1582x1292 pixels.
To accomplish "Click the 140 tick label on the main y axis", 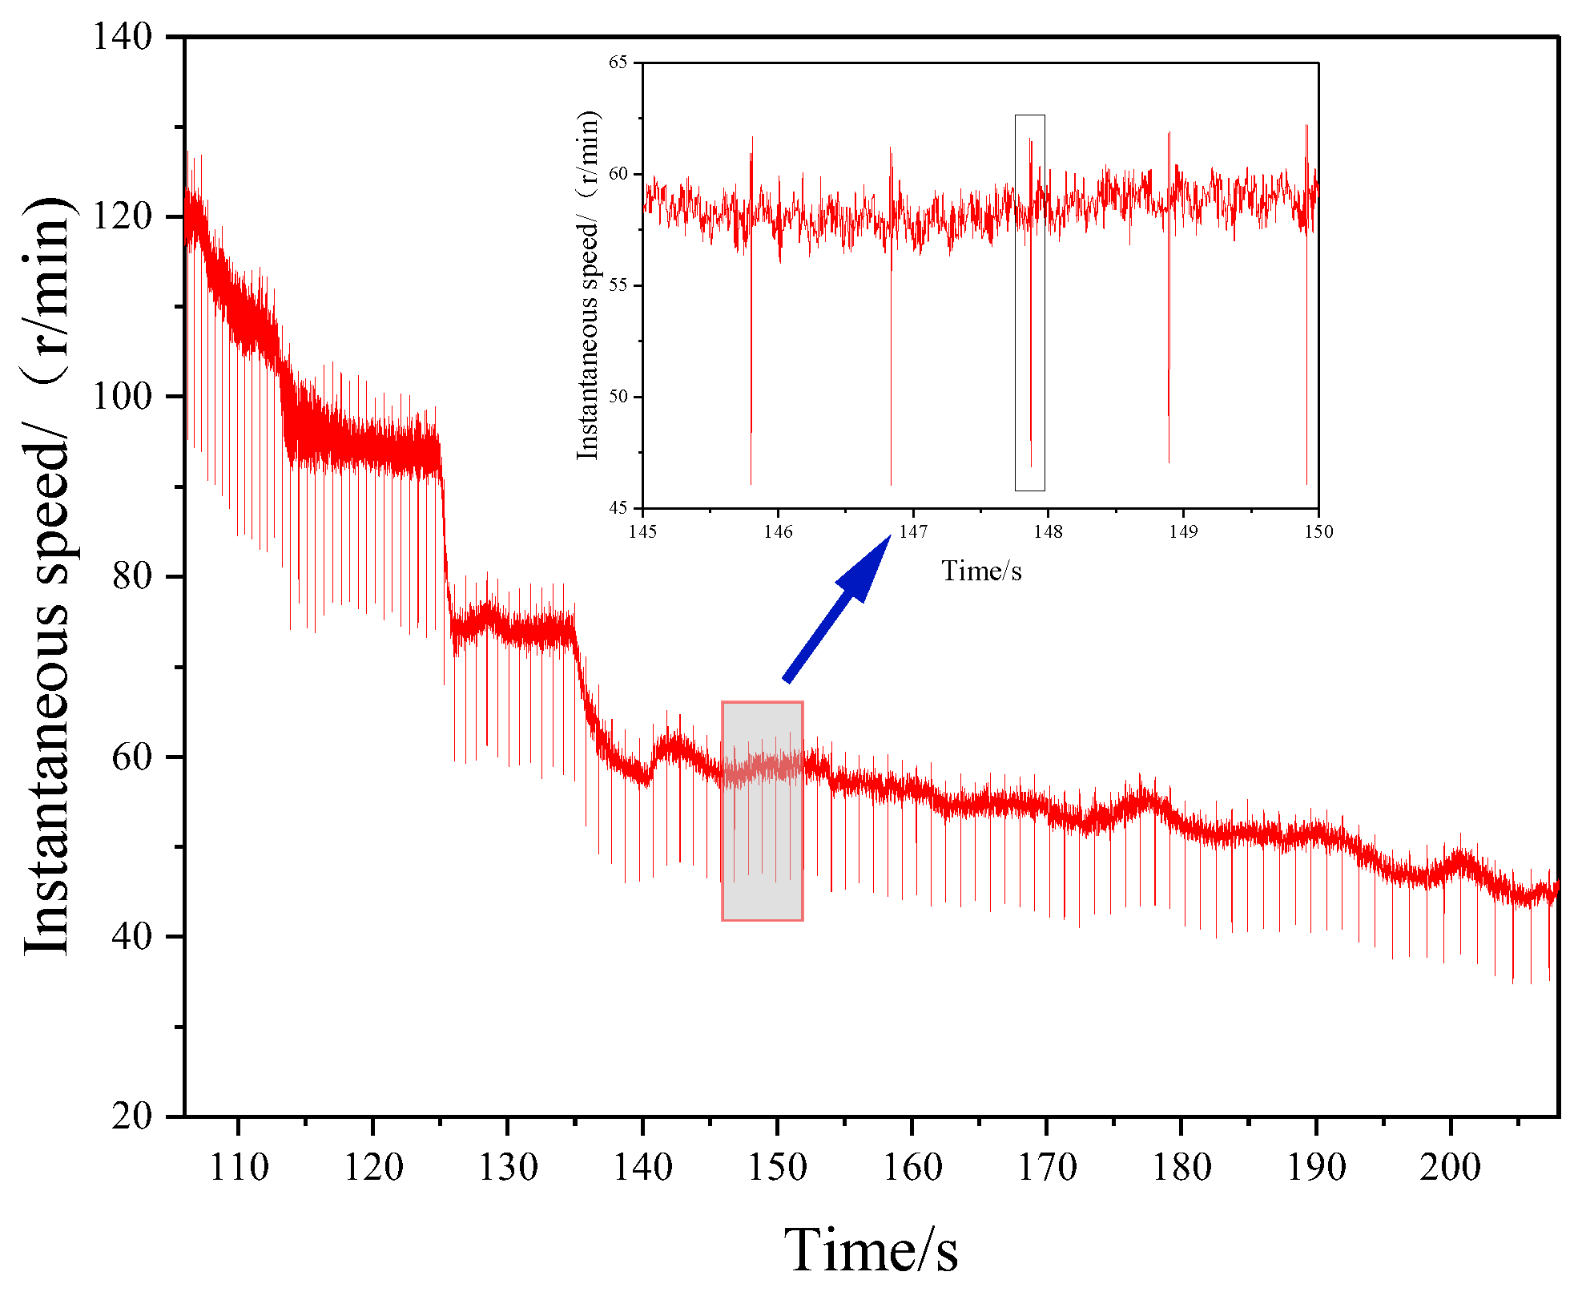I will click(122, 37).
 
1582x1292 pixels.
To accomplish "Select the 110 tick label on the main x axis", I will click(238, 1167).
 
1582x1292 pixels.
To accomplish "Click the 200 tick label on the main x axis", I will click(1450, 1167).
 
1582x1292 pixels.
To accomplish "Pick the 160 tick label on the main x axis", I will click(912, 1167).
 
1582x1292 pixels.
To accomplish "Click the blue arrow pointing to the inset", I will click(836, 609).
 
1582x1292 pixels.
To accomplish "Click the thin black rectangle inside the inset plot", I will click(1029, 302).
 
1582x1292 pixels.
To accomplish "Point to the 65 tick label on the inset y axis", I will click(618, 63).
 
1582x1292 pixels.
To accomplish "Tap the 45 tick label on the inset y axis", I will click(618, 507).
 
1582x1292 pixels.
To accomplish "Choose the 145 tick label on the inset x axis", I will click(642, 531).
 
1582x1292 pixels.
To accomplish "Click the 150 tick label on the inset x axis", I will click(1318, 531).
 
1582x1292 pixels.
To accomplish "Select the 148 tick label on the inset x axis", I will click(1048, 531).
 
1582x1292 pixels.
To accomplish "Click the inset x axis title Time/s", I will click(980, 571).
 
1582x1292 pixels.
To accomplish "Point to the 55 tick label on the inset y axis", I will click(618, 285).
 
